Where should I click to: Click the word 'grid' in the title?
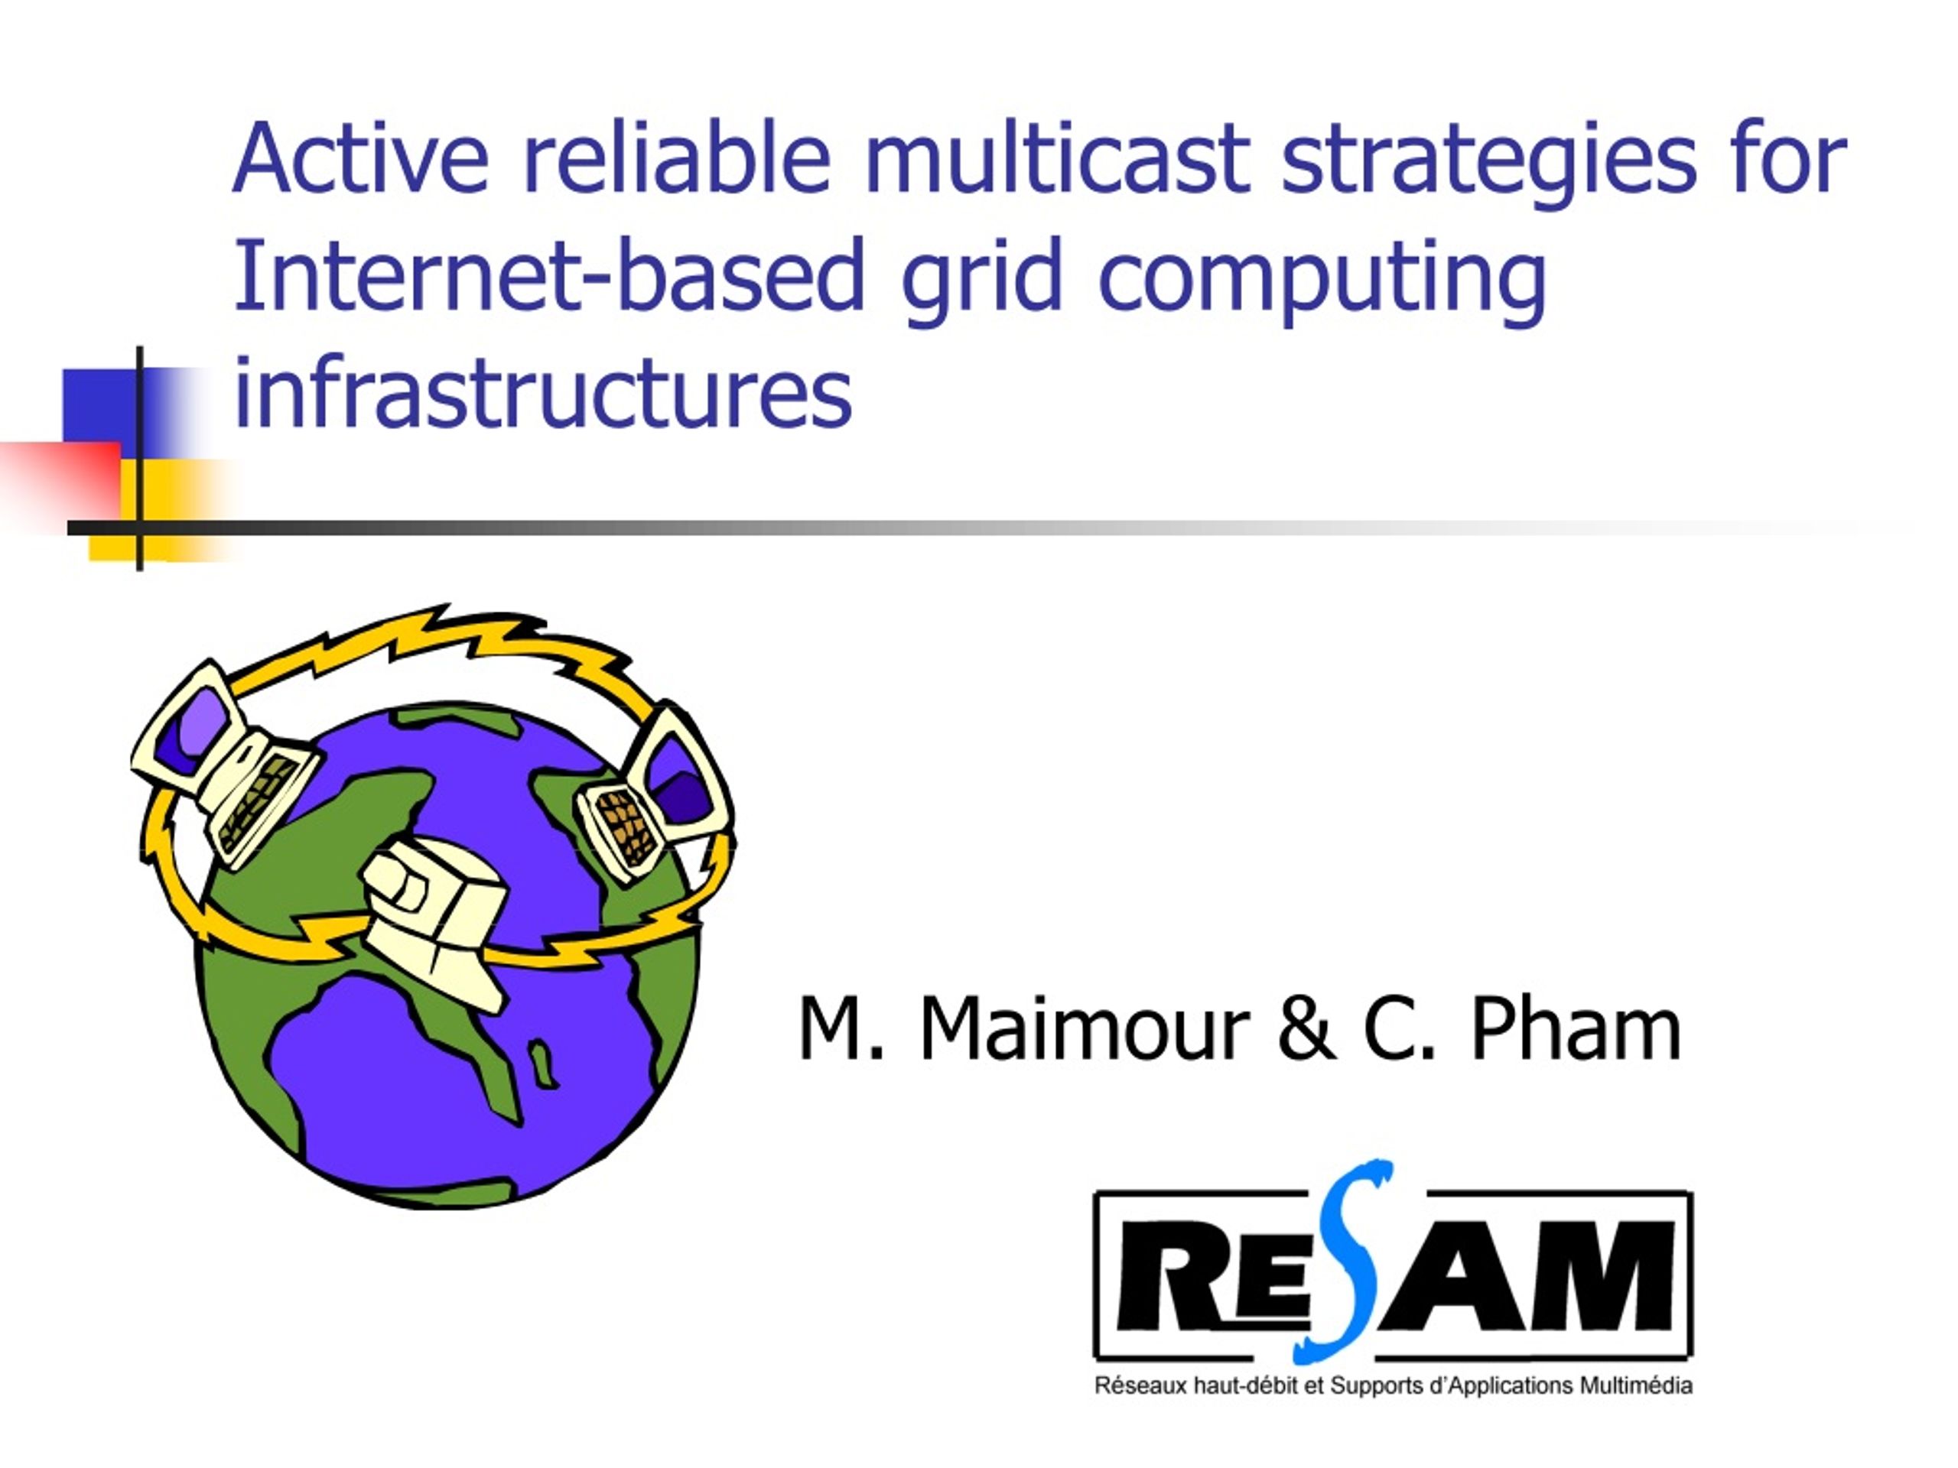(x=981, y=283)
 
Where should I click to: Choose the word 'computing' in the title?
(x=1322, y=283)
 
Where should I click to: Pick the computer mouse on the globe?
(x=434, y=921)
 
